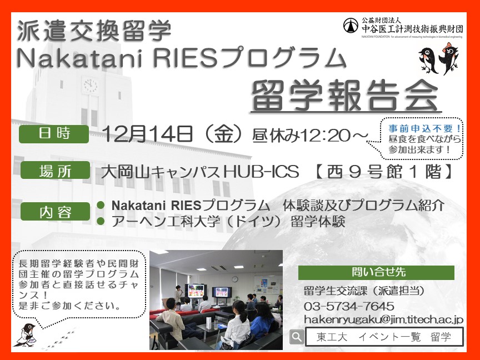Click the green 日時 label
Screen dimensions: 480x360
click(54, 134)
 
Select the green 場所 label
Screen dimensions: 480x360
click(55, 170)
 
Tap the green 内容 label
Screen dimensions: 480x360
click(55, 212)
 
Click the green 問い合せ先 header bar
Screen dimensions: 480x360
click(376, 272)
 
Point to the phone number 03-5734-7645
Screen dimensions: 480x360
click(349, 306)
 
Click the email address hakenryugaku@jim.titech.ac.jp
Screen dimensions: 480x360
click(383, 320)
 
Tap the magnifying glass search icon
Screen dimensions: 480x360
click(296, 337)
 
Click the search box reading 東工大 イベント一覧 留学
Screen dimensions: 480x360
click(384, 337)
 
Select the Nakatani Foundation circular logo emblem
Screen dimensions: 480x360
click(351, 26)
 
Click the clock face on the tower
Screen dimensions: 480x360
click(90, 85)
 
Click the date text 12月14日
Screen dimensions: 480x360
click(147, 134)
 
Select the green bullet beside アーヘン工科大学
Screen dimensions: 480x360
click(101, 221)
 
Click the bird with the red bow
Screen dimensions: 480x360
click(448, 58)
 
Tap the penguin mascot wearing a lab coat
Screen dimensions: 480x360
click(26, 335)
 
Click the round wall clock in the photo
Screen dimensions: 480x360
click(234, 279)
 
